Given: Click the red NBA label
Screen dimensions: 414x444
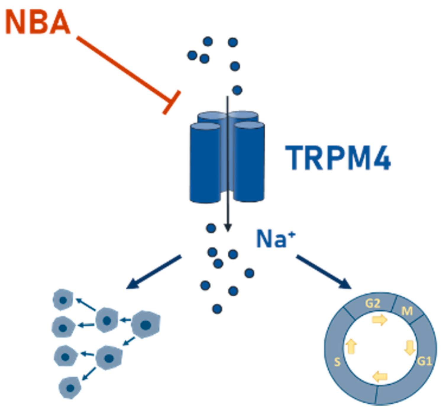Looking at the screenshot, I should [38, 22].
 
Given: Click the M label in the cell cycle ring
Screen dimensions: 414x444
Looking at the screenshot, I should [407, 310].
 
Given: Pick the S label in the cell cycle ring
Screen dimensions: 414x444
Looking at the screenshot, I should [337, 362].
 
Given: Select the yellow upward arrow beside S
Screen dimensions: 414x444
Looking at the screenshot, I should [351, 346].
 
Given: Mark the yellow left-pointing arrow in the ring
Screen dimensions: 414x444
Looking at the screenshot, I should [380, 376].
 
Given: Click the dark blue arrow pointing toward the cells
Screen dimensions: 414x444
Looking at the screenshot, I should [154, 272].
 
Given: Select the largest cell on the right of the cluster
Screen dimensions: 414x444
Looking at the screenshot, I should [145, 325].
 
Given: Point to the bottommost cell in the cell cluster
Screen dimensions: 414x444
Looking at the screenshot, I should [70, 388].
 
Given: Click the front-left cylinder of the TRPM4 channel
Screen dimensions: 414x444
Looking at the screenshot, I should [205, 163].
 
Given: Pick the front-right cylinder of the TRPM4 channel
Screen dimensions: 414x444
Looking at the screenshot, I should [249, 162].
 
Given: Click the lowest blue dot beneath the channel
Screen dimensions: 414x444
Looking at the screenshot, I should [217, 309].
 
